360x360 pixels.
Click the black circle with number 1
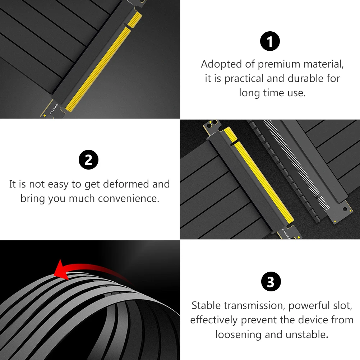269,42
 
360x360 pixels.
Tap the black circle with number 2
88,160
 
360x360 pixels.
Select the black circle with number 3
270,282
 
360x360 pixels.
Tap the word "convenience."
129,199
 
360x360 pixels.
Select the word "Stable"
206,306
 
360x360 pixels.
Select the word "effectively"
214,320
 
